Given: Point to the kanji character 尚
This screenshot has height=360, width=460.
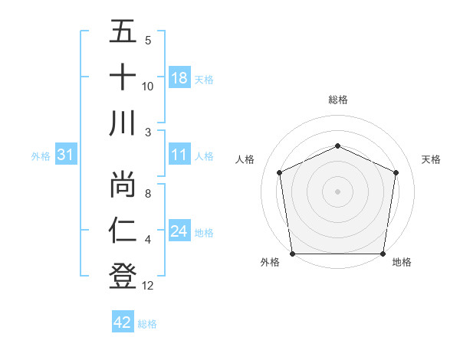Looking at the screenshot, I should tap(123, 183).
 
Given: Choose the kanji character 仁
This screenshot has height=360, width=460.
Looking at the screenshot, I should tap(123, 229).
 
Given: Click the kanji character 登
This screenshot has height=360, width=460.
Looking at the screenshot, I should tap(123, 275).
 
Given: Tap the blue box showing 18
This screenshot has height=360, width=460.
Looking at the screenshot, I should tap(179, 78).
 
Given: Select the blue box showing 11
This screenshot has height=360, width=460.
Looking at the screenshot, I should tap(179, 155).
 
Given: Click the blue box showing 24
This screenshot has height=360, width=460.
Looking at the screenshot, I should tap(179, 231).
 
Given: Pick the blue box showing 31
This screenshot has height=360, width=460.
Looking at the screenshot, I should tap(66, 155).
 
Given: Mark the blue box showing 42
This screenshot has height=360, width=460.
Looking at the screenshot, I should tap(123, 322).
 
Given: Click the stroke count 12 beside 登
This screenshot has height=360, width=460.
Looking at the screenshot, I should tap(149, 286).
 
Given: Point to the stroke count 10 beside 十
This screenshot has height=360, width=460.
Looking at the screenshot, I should tap(149, 86).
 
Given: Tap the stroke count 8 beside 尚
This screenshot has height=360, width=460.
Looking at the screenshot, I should tap(148, 194).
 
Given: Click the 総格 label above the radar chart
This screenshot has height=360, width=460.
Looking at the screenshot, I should tap(338, 100).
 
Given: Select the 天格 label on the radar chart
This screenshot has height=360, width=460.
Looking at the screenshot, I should tap(432, 159).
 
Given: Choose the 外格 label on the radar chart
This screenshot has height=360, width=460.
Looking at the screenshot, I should tap(269, 263).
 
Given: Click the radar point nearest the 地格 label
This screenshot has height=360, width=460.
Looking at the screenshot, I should tap(383, 254).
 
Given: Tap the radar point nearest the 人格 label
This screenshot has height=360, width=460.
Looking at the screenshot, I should tap(280, 172).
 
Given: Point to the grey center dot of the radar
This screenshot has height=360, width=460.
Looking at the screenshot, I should tap(338, 191).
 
